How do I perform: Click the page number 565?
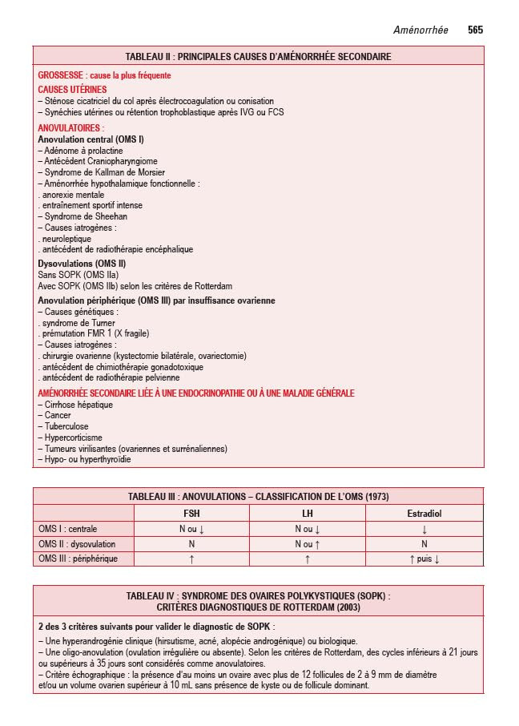tap(475, 30)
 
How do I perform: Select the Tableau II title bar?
tap(258, 57)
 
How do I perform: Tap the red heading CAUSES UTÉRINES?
tap(72, 90)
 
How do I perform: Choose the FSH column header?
tap(192, 514)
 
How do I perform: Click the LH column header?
tap(308, 514)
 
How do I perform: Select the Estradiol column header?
tap(424, 514)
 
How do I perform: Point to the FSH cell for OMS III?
tap(192, 559)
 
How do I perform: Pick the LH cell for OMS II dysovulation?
tap(308, 544)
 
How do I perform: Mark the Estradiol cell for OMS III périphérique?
tap(424, 559)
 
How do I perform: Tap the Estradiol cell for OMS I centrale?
tap(424, 529)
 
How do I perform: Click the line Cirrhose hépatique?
tap(75, 405)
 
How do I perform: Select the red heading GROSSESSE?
tap(61, 75)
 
